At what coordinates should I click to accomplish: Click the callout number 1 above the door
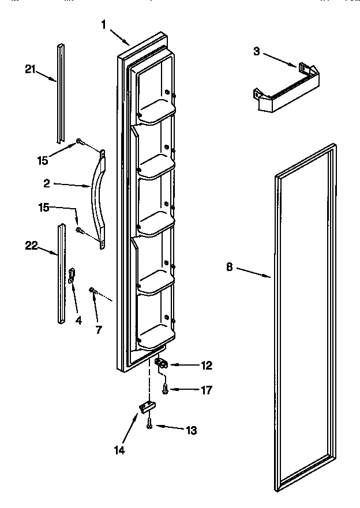(x=104, y=25)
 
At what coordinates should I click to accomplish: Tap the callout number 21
(x=31, y=70)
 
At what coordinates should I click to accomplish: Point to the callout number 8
(x=230, y=267)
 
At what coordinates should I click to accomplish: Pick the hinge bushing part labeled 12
(x=161, y=363)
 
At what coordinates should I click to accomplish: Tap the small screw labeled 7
(x=92, y=290)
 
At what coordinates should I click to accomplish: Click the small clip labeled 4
(x=72, y=276)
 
